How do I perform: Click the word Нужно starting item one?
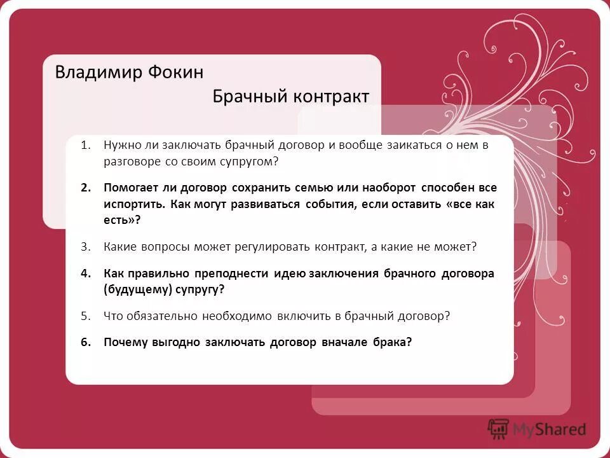pos(119,146)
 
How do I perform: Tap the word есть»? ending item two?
pos(121,221)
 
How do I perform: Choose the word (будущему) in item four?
pos(132,289)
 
